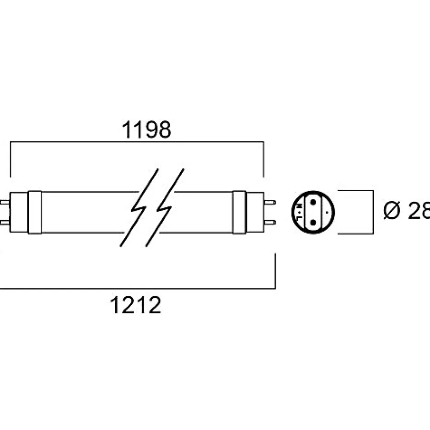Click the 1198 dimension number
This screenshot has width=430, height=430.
[x=146, y=130]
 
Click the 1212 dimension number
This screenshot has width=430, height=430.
[x=135, y=305]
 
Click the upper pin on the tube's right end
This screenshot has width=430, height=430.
[x=269, y=202]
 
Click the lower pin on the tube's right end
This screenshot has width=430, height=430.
[x=269, y=222]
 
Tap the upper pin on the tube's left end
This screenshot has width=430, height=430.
[x=5, y=202]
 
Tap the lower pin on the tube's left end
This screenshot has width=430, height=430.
[x=5, y=222]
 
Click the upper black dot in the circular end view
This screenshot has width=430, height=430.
[x=313, y=202]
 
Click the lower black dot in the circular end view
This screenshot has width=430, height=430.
[x=313, y=222]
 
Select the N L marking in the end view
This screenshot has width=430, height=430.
[x=300, y=212]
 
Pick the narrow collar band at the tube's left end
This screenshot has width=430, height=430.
[x=35, y=212]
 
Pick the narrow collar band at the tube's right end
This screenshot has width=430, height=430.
[x=239, y=212]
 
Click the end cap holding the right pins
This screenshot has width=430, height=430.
[x=255, y=212]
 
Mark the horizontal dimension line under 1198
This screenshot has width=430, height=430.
[x=137, y=142]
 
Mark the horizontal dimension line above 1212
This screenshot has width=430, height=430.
[x=137, y=289]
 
